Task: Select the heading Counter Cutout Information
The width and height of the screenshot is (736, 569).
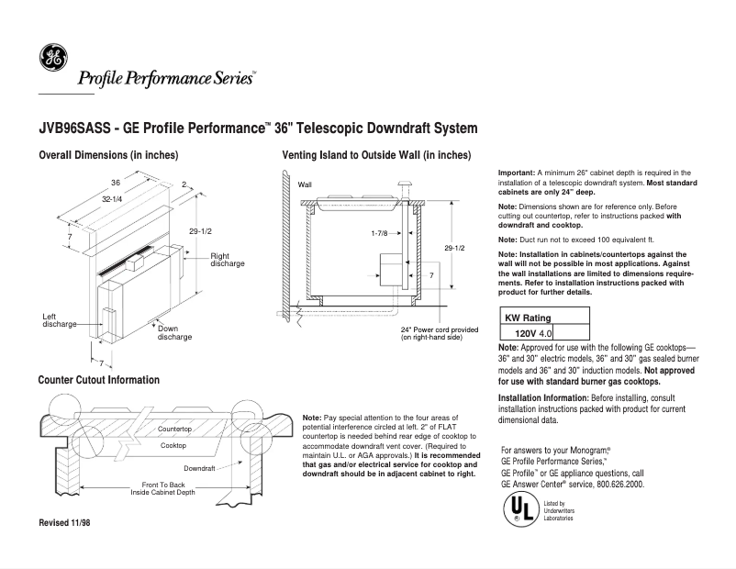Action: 99,380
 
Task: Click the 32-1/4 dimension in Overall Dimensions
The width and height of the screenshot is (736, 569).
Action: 113,199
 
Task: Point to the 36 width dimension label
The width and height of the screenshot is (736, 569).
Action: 116,183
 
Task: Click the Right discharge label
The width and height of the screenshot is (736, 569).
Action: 227,260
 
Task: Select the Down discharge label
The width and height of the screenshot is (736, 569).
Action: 174,332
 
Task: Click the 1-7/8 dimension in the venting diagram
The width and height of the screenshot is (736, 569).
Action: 379,233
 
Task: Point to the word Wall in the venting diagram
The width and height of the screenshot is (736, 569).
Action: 305,184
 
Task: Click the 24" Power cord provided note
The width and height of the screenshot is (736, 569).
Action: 439,334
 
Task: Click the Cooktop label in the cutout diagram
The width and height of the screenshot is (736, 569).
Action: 173,445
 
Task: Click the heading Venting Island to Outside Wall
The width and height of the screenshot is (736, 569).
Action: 376,155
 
